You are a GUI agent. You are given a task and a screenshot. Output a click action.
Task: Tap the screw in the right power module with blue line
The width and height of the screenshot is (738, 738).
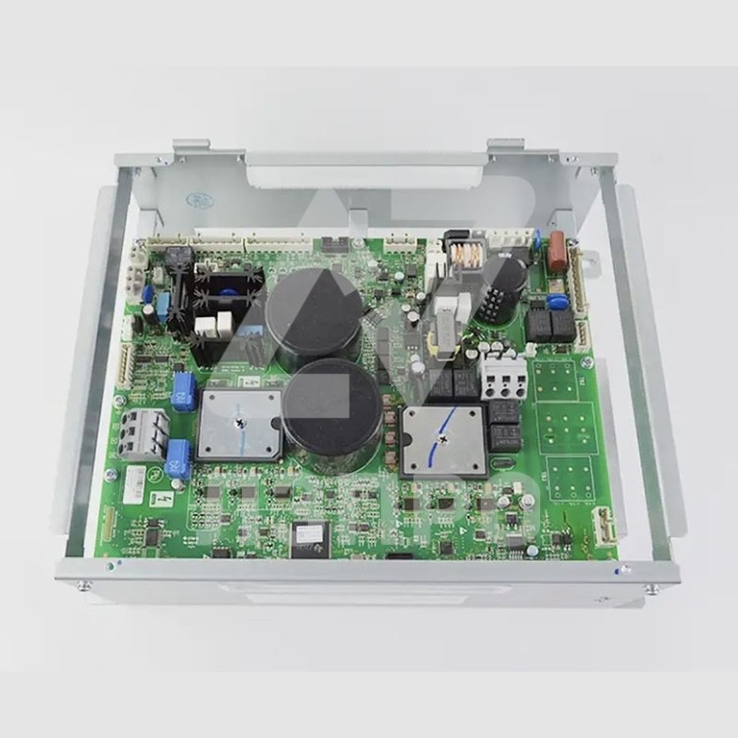click(443, 439)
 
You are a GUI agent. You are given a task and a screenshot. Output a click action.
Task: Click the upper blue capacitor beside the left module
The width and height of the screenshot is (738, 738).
click(183, 391)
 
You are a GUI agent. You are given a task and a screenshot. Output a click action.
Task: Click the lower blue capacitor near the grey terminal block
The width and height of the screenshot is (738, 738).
click(178, 459)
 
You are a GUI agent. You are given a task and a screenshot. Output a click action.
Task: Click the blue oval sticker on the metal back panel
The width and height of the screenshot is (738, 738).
click(201, 200)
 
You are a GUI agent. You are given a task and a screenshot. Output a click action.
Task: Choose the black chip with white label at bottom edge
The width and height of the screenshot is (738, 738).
click(311, 537)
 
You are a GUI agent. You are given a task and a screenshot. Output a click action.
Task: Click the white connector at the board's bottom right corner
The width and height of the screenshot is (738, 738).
click(602, 525)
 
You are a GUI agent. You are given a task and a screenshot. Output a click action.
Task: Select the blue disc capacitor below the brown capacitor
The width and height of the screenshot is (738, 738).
click(557, 301)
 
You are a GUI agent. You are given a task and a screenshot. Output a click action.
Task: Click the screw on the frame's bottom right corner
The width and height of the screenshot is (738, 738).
click(650, 588)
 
